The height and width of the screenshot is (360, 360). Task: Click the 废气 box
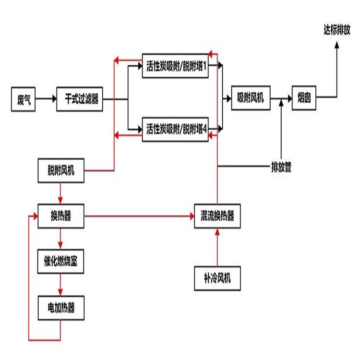coord(24,99)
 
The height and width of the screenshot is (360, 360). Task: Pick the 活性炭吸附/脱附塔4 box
coord(176,129)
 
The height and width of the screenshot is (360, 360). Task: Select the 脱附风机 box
coord(61,171)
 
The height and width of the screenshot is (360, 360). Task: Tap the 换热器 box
coord(61,216)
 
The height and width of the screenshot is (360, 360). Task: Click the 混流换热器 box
coord(217,216)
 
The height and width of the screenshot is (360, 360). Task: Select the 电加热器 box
coord(61,308)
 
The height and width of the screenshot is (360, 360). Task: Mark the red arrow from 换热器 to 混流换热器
coord(139,216)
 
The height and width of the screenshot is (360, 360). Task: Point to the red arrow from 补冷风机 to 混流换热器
coord(217,247)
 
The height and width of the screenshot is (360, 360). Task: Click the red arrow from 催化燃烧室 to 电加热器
coord(61,285)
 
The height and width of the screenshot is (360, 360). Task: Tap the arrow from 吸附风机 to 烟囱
coord(281,99)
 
